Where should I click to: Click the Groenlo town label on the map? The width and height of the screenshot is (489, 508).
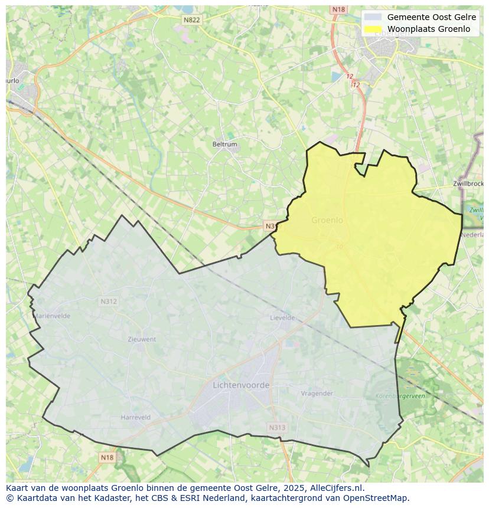[x=327, y=220]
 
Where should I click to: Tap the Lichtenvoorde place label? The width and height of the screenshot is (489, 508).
[x=240, y=385]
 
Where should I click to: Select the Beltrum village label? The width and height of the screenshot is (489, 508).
[x=224, y=144]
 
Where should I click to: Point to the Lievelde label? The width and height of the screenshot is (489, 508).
[x=282, y=317]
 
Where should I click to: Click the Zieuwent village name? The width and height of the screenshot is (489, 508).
[x=142, y=339]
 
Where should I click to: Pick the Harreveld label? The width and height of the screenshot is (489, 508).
[x=135, y=417]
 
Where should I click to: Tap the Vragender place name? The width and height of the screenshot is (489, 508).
[x=317, y=394]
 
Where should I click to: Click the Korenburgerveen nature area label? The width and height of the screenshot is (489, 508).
[x=400, y=396]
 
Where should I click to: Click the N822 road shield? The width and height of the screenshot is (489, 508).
[x=191, y=20]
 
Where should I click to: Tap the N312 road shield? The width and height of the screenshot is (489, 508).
[x=108, y=301]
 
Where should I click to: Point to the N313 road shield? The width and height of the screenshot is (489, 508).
[x=276, y=428]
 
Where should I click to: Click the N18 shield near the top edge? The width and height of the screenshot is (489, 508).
[x=338, y=9]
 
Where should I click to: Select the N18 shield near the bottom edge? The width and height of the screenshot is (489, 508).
[x=106, y=457]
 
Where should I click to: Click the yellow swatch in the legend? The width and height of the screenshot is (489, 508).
[x=373, y=29]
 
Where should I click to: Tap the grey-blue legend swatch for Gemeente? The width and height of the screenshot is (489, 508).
[x=373, y=17]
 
